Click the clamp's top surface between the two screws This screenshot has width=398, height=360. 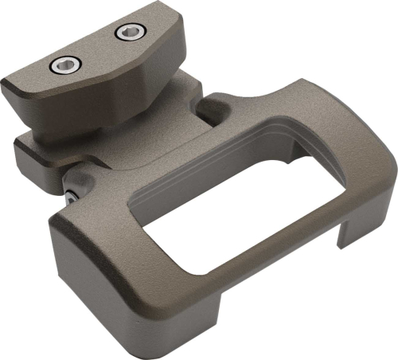click(x=95, y=50)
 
